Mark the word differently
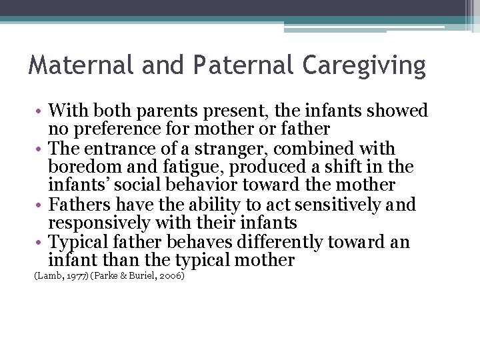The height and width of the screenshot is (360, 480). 280,241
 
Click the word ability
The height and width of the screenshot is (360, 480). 211,205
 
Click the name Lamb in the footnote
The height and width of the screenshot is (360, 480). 47,275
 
